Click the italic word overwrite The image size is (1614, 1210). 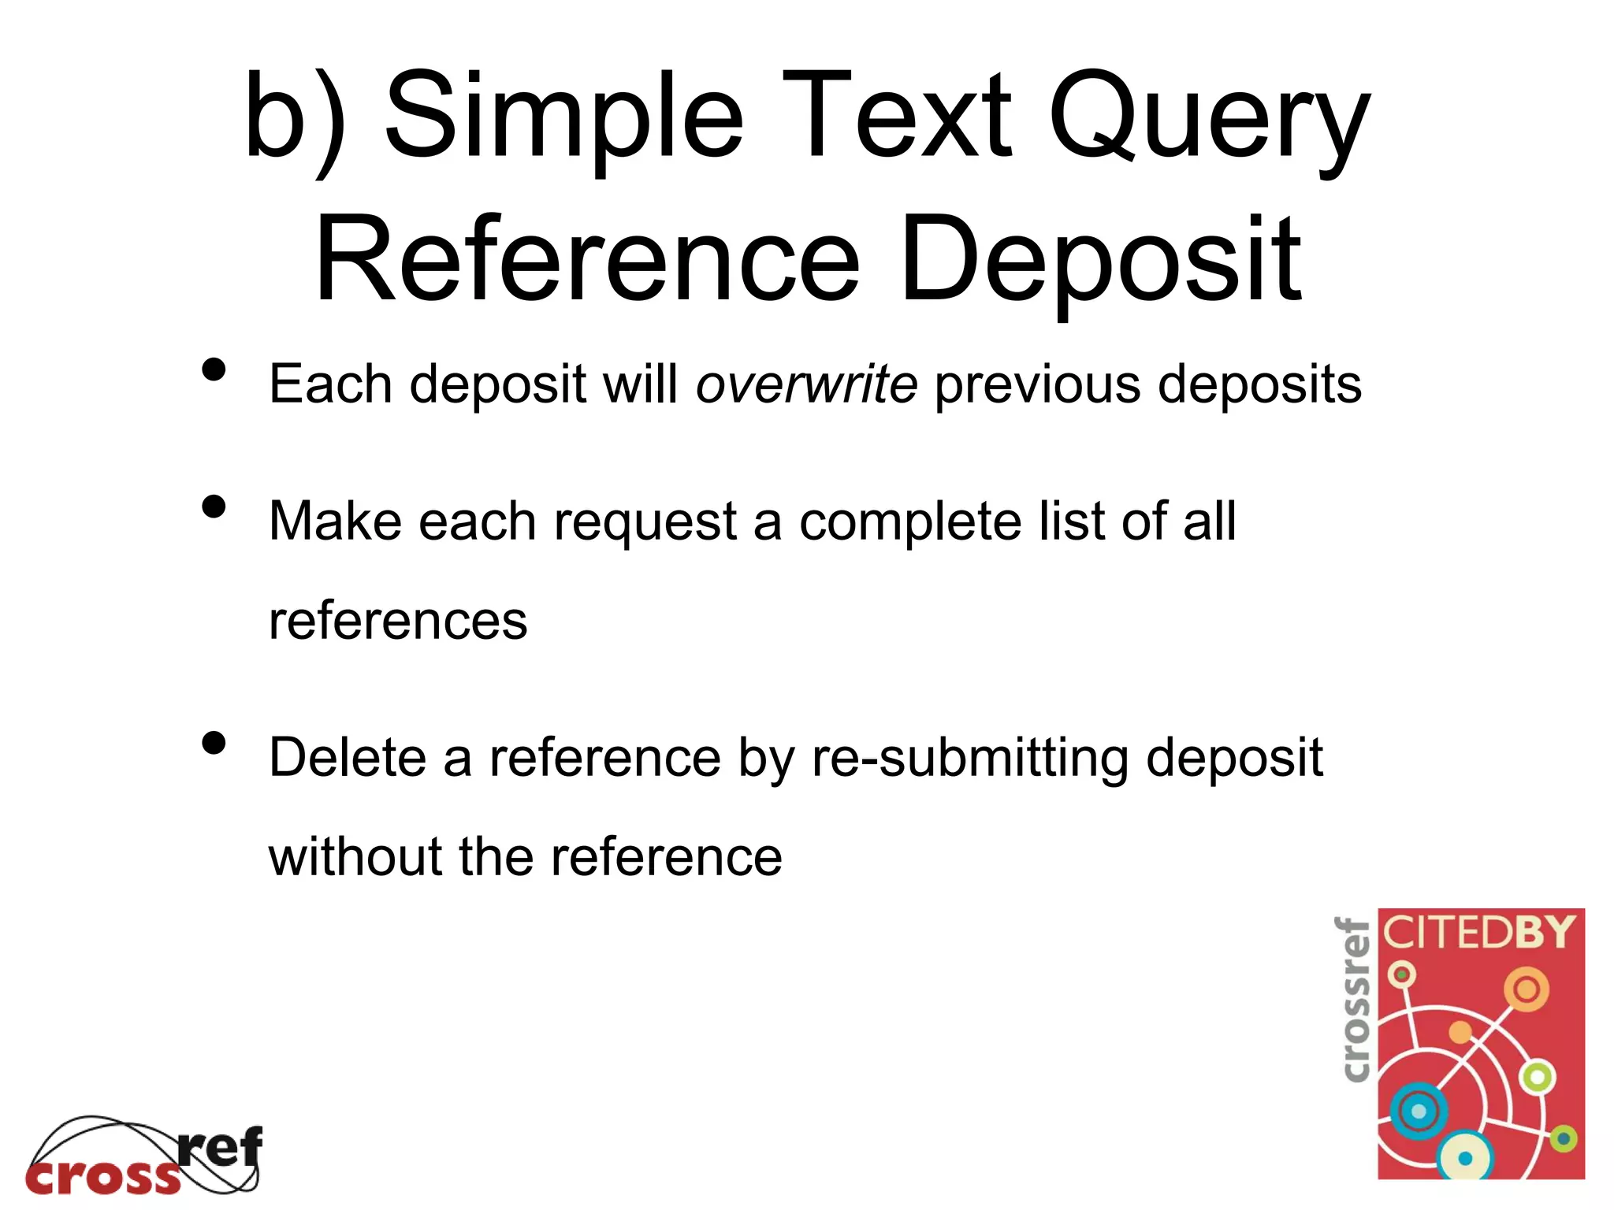[806, 384]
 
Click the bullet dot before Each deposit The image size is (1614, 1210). [214, 369]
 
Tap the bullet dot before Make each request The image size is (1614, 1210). [214, 506]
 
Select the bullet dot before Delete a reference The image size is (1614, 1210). [214, 742]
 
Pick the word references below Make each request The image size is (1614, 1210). [398, 621]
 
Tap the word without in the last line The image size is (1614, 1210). [355, 857]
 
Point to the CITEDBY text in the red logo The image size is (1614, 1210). [1479, 933]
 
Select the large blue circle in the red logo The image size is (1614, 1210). [1419, 1111]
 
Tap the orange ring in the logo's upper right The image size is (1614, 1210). [1527, 989]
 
